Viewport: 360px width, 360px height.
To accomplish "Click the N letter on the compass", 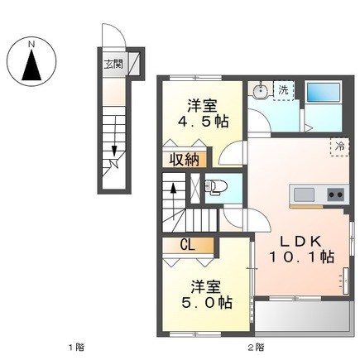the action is [32, 45].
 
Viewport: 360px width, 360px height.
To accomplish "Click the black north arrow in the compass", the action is [31, 65].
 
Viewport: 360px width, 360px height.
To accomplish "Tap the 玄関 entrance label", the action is [113, 65].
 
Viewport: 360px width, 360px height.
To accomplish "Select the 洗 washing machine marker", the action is [283, 90].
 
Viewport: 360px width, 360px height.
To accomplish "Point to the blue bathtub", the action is [323, 93].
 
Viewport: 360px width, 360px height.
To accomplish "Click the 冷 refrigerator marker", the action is [339, 146].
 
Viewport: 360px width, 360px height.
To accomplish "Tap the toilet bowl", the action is [216, 186].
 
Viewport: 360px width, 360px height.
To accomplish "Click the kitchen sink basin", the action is [304, 194].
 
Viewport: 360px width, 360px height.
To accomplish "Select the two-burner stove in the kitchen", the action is [336, 194].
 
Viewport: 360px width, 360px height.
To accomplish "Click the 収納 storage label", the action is [184, 160].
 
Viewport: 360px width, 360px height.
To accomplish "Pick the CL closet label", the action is [188, 245].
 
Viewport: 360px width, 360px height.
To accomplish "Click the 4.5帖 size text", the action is [203, 122].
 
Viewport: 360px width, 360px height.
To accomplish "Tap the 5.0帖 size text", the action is [206, 303].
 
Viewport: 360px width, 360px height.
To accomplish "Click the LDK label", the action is [300, 242].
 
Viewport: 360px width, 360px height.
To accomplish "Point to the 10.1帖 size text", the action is [301, 257].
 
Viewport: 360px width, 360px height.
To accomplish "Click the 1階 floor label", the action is [76, 347].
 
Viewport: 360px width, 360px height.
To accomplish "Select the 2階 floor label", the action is [256, 347].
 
